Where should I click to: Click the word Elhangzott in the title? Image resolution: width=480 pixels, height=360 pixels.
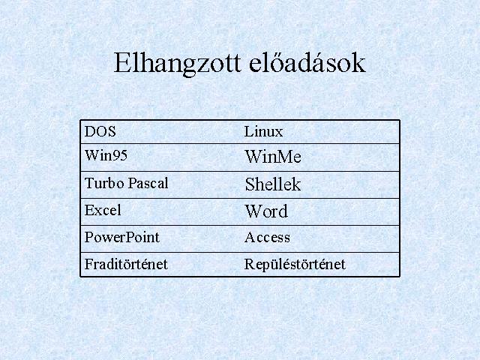[x=177, y=64]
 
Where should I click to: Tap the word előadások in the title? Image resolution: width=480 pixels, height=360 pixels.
[x=307, y=62]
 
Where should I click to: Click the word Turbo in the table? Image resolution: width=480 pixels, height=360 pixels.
[x=104, y=183]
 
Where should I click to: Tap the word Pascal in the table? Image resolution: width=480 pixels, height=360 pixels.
[x=148, y=183]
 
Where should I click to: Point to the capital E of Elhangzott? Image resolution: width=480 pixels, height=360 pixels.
[x=121, y=63]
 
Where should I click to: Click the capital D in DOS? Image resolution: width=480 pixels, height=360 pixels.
[x=89, y=132]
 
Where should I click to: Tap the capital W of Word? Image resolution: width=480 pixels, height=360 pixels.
[x=253, y=211]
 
